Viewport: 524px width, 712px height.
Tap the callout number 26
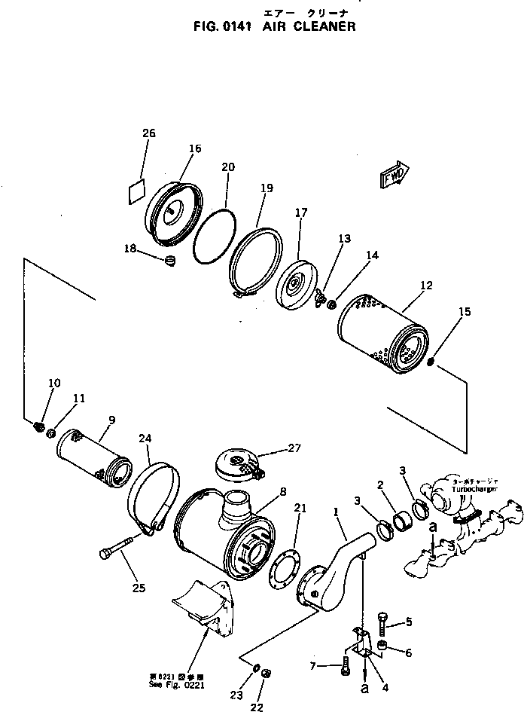[149, 133]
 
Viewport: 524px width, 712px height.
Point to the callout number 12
[426, 286]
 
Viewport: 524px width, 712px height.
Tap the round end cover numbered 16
[175, 214]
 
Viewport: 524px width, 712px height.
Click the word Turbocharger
[475, 489]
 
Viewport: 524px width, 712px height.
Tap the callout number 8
[283, 492]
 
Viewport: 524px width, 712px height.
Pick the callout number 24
[145, 438]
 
